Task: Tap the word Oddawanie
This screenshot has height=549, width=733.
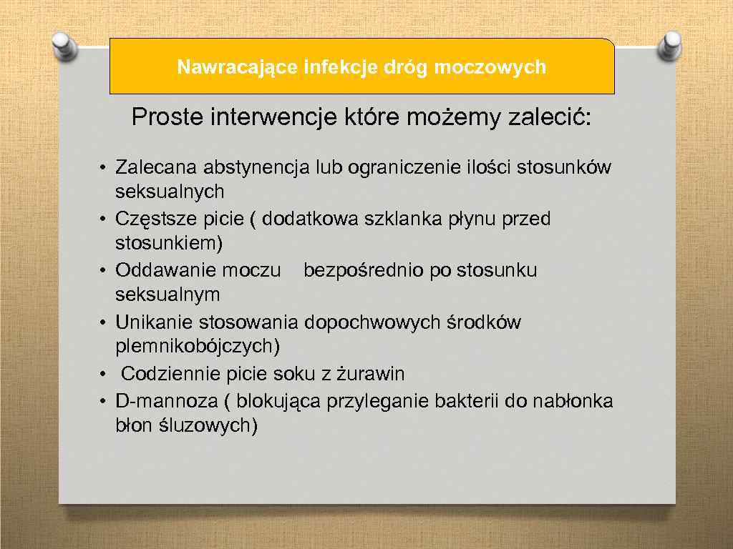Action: [x=162, y=271]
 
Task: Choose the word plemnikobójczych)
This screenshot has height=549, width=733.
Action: [x=198, y=347]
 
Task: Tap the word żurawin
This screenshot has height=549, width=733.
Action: [x=371, y=374]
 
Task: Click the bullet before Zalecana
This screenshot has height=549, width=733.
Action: [x=103, y=169]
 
